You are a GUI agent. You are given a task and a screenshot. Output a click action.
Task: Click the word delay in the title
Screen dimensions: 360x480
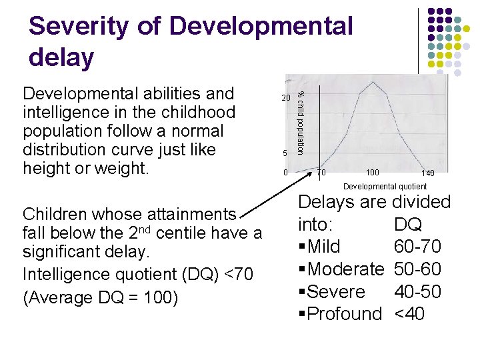61,57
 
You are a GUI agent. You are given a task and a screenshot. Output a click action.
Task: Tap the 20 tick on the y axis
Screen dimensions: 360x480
285,98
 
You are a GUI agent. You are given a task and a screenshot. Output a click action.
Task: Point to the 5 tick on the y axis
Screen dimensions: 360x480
285,153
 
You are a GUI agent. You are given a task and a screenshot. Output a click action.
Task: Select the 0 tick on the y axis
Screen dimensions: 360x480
285,173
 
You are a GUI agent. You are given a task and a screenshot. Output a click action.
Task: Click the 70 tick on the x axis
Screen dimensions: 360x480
321,173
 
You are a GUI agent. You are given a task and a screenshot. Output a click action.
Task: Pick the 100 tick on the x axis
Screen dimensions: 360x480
373,173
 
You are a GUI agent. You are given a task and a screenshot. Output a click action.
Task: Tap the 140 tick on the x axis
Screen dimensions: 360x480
427,173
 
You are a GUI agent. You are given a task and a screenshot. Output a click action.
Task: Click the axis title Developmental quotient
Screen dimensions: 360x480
385,187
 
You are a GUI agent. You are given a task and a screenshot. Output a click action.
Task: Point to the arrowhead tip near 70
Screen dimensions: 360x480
318,167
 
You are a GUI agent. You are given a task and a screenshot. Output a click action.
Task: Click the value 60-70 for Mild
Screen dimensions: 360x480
417,247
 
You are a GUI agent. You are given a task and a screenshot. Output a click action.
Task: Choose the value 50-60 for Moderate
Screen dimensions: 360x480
417,270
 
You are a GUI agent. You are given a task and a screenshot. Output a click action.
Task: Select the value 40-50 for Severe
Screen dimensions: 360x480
417,292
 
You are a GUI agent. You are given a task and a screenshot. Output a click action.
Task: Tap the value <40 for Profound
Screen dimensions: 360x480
409,314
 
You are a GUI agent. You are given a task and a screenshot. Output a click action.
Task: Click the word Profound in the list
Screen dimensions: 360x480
344,314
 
